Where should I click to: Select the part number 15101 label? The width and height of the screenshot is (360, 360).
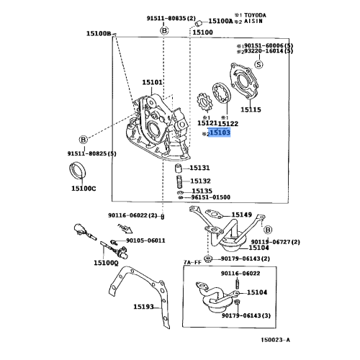click(x=153, y=84)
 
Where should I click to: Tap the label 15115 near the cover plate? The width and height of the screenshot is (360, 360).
click(x=251, y=110)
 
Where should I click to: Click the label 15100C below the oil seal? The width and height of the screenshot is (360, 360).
click(x=82, y=188)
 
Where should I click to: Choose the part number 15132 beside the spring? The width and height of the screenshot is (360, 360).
click(x=201, y=181)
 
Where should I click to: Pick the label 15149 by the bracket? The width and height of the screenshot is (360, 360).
click(x=242, y=215)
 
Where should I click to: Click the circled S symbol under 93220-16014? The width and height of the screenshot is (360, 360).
click(x=258, y=65)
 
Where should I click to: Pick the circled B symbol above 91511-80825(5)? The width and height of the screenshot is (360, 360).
click(x=83, y=138)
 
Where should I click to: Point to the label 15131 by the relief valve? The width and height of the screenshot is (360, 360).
click(x=200, y=167)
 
